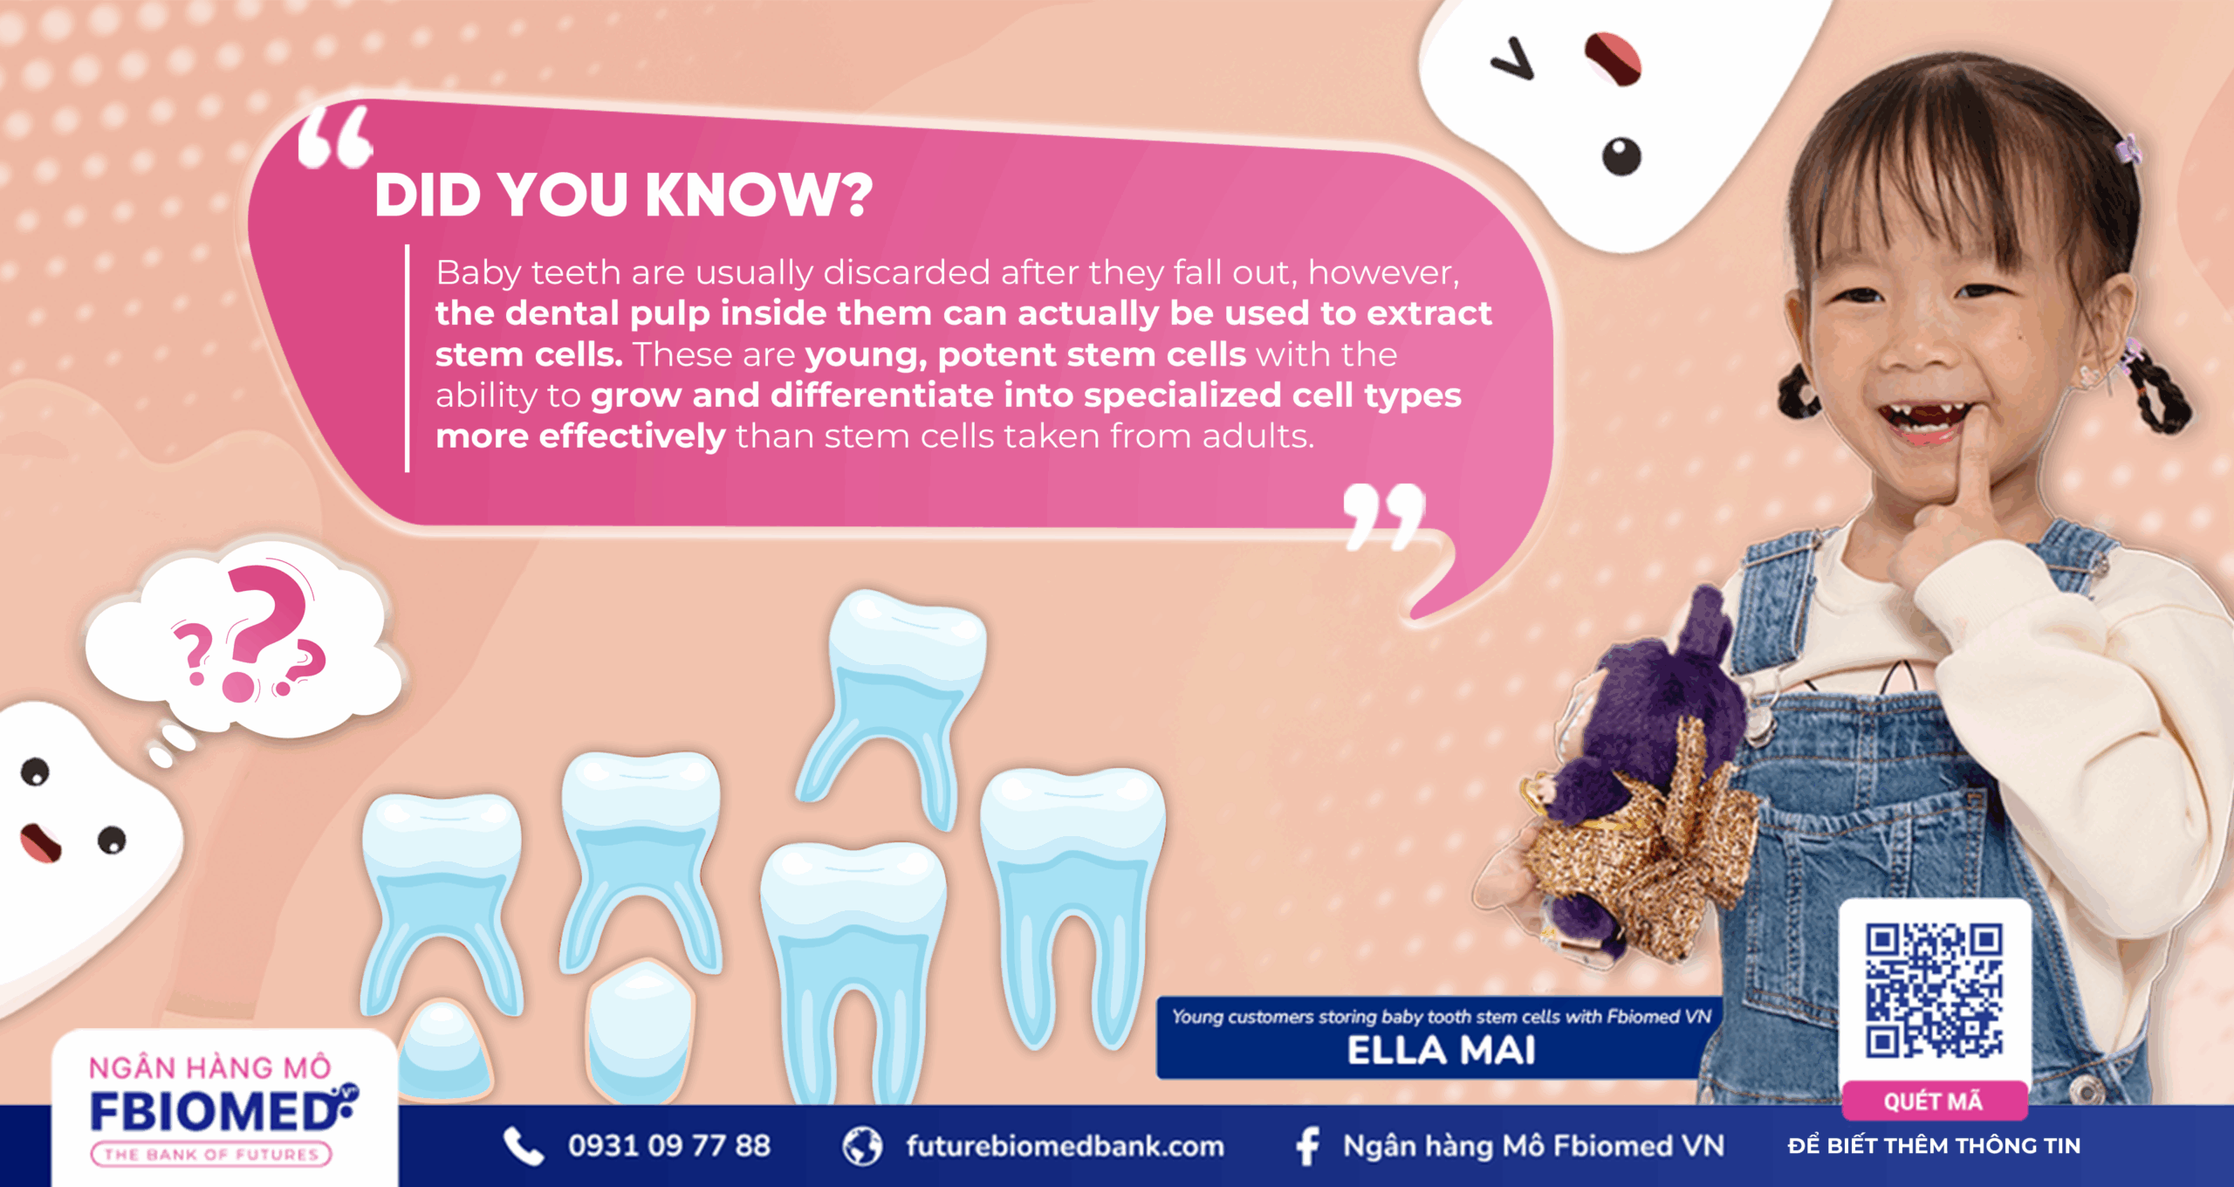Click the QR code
(1934, 991)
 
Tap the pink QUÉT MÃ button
(1934, 1101)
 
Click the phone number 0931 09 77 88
(669, 1146)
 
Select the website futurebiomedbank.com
(1065, 1146)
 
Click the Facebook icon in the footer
(1307, 1146)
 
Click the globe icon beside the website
(862, 1146)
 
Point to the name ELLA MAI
(1441, 1051)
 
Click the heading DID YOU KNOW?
(623, 194)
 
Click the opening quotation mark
(335, 136)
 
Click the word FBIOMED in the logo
(215, 1111)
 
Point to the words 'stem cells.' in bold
(529, 354)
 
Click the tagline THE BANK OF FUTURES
(211, 1155)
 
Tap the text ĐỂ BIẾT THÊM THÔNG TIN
(1934, 1146)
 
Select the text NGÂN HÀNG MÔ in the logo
(210, 1067)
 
